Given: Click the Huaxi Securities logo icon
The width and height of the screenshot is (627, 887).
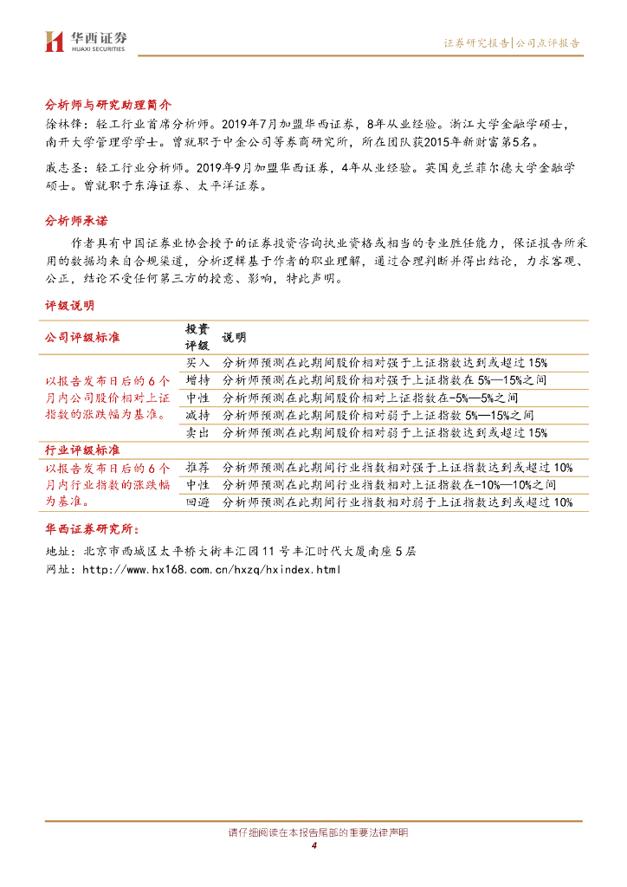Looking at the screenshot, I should [x=55, y=42].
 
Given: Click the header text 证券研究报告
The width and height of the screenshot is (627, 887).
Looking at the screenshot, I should [x=476, y=42].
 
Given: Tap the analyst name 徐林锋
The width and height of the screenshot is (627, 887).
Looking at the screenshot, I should [x=61, y=124].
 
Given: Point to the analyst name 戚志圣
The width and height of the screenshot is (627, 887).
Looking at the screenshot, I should [x=61, y=165].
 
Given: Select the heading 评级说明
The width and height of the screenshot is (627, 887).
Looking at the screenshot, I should [x=70, y=306].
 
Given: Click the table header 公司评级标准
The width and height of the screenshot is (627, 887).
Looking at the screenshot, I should [x=82, y=337].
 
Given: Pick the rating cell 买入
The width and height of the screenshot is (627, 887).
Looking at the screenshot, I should [x=197, y=362].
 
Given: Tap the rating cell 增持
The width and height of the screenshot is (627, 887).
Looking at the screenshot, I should [x=197, y=379].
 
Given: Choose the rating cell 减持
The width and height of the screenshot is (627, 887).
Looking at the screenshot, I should [x=197, y=415].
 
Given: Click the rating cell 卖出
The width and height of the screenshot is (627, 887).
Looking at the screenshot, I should [x=197, y=432].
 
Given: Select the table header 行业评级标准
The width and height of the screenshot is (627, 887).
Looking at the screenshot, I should [x=82, y=450].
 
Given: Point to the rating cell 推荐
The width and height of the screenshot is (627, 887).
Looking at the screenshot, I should [x=197, y=468].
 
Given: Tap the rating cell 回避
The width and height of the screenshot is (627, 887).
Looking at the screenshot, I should [x=197, y=502].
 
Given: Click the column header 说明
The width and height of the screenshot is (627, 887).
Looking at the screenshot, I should [x=234, y=337].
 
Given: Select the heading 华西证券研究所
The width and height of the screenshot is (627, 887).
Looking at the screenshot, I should [x=96, y=529].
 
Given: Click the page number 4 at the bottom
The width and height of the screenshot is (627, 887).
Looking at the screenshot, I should [x=314, y=845].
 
